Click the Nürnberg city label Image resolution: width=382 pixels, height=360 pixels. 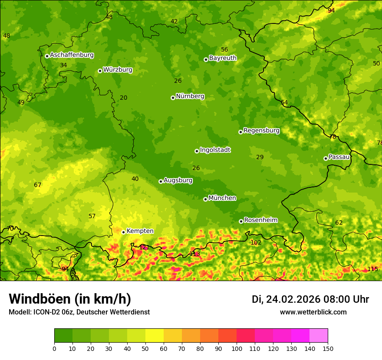click(x=190, y=96)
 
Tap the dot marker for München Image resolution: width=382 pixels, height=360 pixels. click(x=206, y=199)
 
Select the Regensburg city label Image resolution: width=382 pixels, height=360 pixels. click(x=261, y=131)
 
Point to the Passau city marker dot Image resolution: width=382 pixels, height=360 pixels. click(x=326, y=158)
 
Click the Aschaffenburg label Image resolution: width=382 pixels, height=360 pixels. click(x=72, y=55)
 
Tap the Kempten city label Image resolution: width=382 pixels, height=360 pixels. click(x=140, y=231)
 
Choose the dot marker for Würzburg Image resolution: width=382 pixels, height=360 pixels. click(x=100, y=71)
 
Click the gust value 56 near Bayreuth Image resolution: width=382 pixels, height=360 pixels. click(x=224, y=50)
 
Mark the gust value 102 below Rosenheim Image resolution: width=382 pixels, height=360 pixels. click(x=256, y=242)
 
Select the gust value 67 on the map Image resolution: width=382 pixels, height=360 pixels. click(x=38, y=185)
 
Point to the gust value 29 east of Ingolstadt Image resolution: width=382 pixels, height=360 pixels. click(x=260, y=157)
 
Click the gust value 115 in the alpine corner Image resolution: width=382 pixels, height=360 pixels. click(x=372, y=269)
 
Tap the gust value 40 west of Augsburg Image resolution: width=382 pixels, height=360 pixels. click(x=135, y=179)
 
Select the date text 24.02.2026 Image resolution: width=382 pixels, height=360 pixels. click(x=293, y=300)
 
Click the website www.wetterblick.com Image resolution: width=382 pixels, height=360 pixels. click(x=313, y=312)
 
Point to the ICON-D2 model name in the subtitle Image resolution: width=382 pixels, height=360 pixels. click(x=47, y=312)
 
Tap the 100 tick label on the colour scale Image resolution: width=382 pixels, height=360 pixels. click(x=237, y=348)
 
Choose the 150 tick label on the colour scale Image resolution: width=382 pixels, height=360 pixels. click(x=328, y=348)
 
